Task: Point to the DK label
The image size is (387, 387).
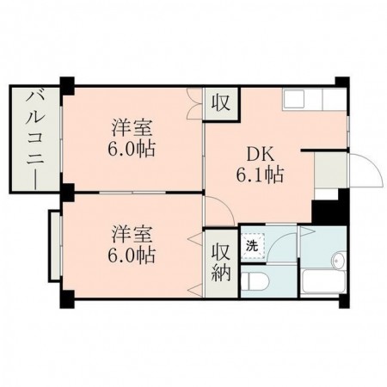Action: tap(261, 156)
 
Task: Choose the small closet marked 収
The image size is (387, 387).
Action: tap(221, 103)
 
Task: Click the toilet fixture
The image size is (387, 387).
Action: tap(255, 279)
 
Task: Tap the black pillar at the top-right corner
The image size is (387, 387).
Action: tap(342, 83)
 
